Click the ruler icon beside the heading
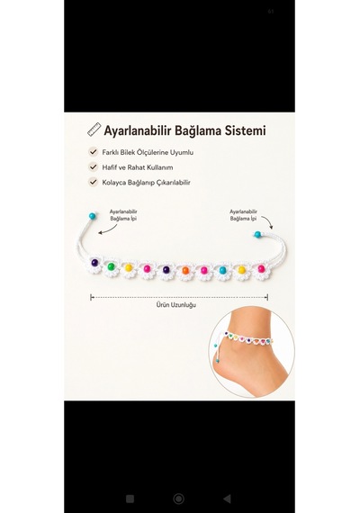(x=94, y=130)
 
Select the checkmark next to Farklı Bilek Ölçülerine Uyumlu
(x=94, y=152)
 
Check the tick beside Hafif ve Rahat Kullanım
(x=94, y=166)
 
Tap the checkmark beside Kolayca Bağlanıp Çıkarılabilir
(x=94, y=182)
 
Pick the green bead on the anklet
(x=111, y=266)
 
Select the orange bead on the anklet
(x=185, y=271)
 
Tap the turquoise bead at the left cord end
(x=93, y=216)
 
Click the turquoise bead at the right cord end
(x=257, y=234)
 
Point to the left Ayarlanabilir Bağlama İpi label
(x=123, y=215)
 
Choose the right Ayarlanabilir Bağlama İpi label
(x=243, y=215)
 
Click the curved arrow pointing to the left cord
(x=107, y=230)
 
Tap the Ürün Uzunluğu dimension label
(x=176, y=305)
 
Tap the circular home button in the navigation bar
(x=178, y=499)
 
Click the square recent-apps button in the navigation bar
(x=130, y=499)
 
